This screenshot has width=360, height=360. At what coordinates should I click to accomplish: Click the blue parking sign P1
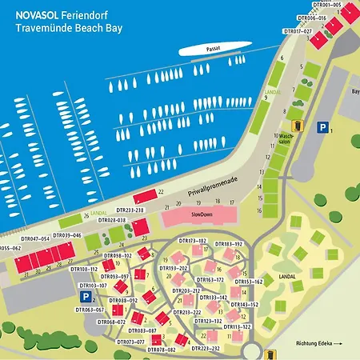[322, 127]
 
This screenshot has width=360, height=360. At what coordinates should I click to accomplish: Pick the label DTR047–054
[34, 238]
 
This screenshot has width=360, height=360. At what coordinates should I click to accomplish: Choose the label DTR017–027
[298, 30]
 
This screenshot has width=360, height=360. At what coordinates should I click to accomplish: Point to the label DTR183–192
[228, 243]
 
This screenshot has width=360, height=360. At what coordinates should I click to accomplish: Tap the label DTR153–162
[248, 282]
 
